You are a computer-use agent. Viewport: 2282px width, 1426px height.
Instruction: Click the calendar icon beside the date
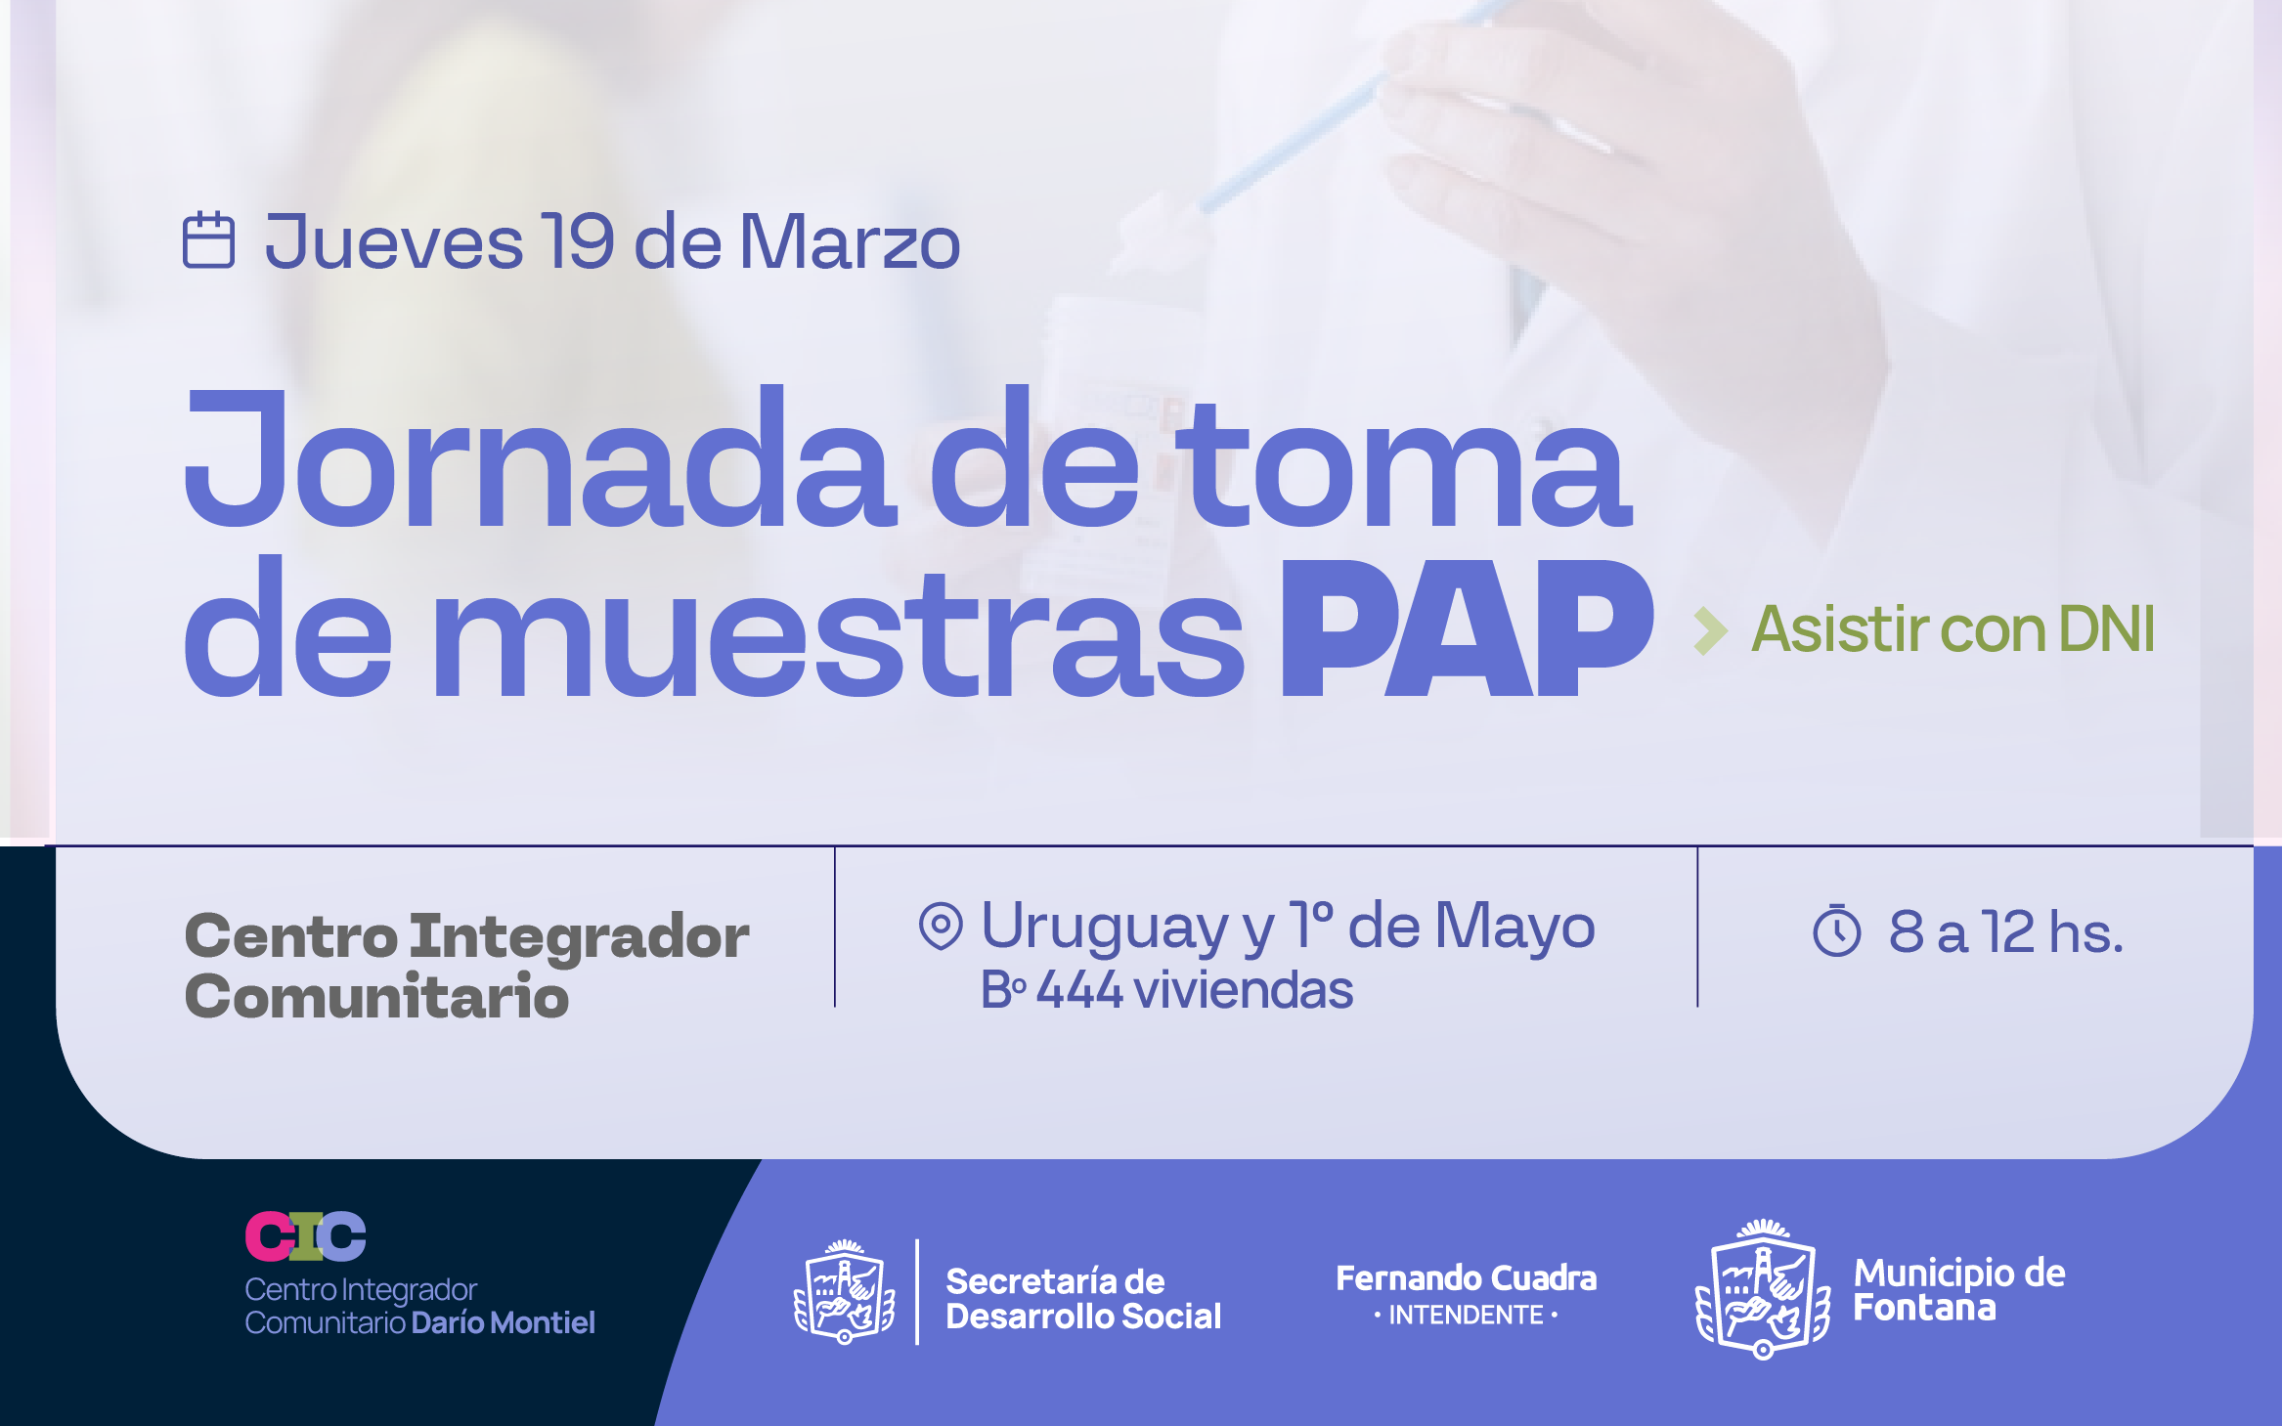coord(208,239)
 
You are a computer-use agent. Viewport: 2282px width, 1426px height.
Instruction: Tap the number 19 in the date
coord(579,241)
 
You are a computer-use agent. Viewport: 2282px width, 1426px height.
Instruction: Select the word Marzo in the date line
coord(850,241)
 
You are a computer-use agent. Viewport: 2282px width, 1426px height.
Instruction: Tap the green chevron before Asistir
coord(1711,630)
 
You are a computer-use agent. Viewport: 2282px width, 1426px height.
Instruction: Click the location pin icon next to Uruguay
coord(941,925)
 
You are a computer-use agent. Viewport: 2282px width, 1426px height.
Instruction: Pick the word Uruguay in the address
coord(1105,926)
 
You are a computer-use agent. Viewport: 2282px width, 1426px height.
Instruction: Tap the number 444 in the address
coord(1079,989)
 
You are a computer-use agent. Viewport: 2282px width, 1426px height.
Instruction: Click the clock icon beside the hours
coord(1837,931)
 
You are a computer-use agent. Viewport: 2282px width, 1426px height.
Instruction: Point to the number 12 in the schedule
coord(2008,931)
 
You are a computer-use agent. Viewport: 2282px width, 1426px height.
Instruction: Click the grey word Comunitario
coord(376,997)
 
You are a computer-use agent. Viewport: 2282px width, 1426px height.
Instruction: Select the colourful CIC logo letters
coord(305,1236)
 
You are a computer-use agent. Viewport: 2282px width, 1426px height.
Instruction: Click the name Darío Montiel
coord(503,1322)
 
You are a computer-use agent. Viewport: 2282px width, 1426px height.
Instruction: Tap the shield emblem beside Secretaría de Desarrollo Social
coord(845,1292)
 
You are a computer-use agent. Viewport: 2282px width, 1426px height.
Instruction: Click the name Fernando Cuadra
coord(1466,1278)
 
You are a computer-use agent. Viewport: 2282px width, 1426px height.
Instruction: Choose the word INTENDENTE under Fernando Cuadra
coord(1466,1316)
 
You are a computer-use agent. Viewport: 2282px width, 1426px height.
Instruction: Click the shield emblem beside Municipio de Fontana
coord(1763,1289)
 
